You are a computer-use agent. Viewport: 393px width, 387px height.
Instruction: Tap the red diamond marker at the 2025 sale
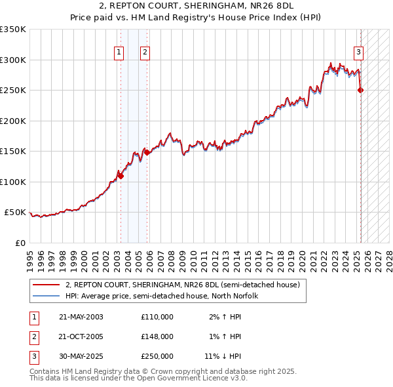(x=360, y=91)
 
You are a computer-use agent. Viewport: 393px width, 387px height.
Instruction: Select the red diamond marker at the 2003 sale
(x=121, y=176)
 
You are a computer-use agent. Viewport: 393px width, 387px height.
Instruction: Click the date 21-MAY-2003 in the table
(x=81, y=317)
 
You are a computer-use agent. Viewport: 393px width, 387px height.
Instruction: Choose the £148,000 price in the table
(x=157, y=336)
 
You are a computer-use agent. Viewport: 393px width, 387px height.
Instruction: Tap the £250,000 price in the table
(x=157, y=356)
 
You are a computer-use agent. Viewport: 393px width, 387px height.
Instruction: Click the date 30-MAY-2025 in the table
(x=81, y=356)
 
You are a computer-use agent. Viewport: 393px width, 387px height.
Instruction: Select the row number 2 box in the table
(x=33, y=336)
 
